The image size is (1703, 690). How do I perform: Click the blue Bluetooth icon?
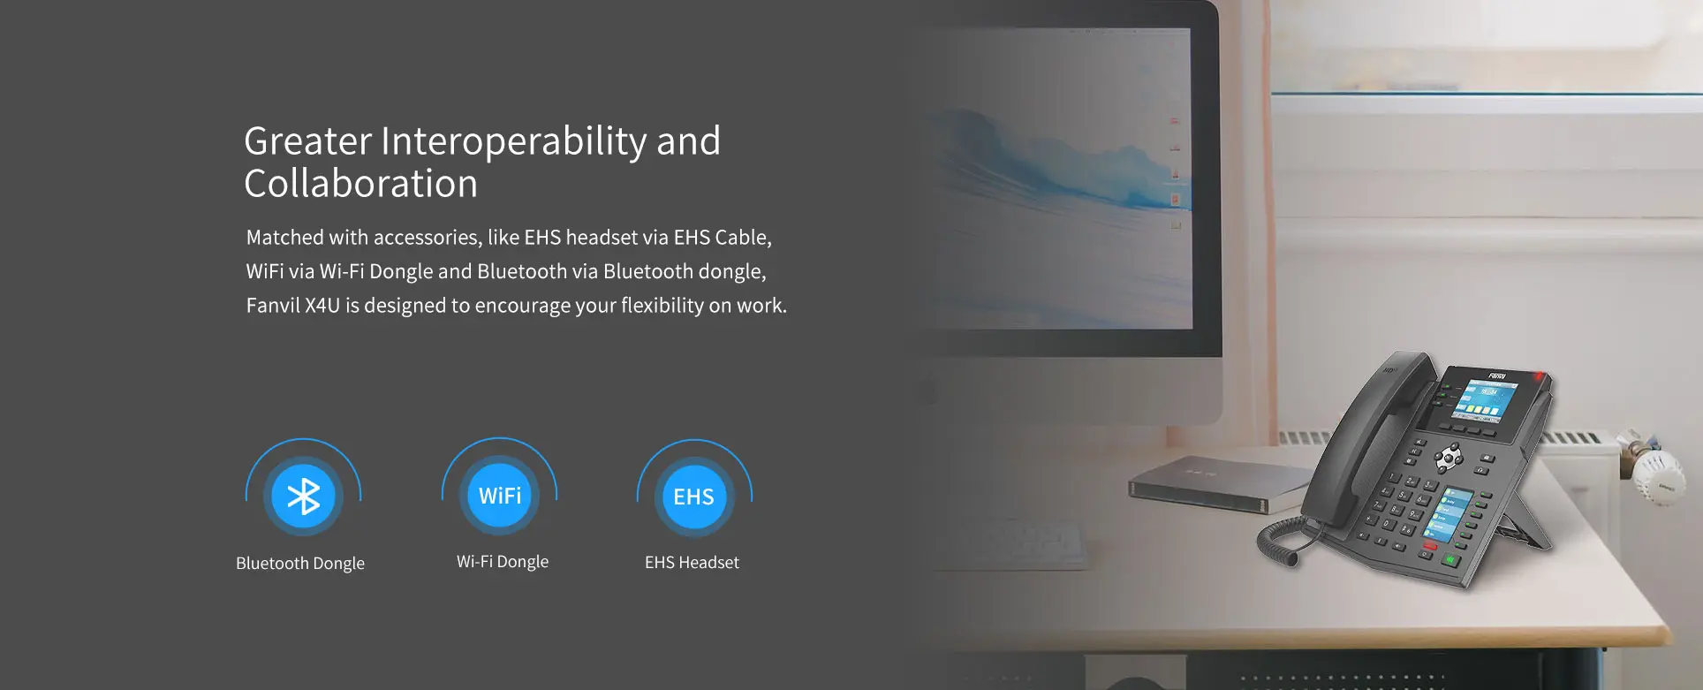coord(303,496)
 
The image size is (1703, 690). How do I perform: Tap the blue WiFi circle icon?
coord(500,496)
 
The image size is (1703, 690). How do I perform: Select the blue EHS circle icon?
coord(694,497)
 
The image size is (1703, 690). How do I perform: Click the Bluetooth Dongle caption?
coord(300,564)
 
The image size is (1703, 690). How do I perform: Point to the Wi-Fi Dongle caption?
coord(503,562)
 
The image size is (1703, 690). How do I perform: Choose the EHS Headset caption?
coord(692,563)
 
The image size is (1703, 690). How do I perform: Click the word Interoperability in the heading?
coord(514,141)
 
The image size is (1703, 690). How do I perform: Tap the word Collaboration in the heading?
coord(360,184)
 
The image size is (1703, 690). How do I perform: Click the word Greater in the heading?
coord(308,141)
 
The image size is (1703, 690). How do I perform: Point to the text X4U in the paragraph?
coord(322,306)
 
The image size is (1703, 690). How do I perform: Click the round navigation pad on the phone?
coord(1449,457)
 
